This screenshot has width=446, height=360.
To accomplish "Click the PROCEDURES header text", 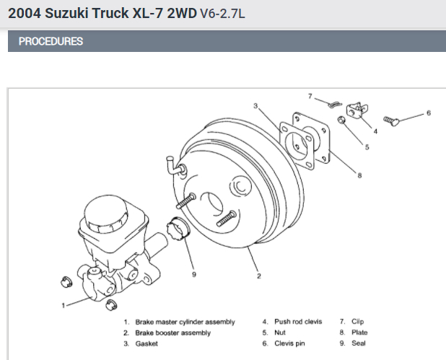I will (x=51, y=41).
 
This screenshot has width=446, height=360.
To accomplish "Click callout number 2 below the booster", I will (x=258, y=275).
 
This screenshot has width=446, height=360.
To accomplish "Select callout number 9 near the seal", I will (x=193, y=273).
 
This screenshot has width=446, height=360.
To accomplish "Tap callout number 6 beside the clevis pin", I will (x=428, y=113).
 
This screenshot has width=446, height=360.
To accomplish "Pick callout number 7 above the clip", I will (x=310, y=96).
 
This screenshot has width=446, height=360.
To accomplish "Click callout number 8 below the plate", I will (x=359, y=174).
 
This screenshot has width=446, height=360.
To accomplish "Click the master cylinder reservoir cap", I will (x=106, y=211).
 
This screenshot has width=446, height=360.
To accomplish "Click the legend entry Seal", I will (x=359, y=343).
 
